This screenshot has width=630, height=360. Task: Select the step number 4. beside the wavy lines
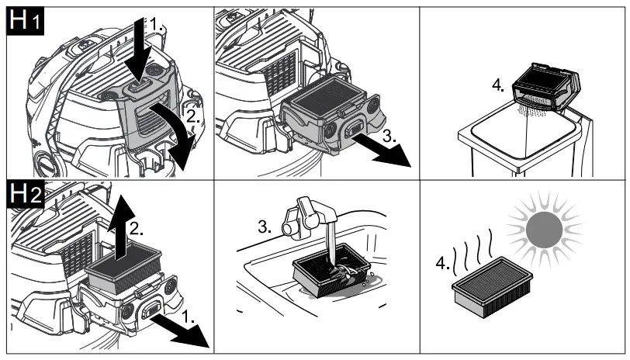444,263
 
